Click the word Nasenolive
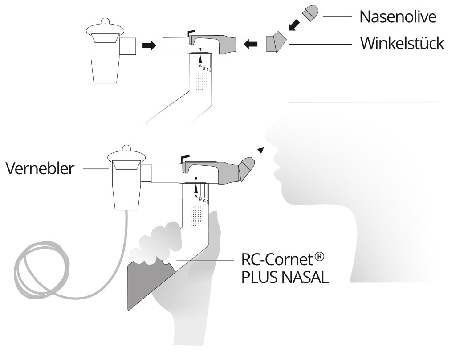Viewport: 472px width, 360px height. [x=398, y=17]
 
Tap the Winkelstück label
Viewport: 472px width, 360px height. [x=402, y=44]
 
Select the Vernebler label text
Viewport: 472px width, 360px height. [x=40, y=169]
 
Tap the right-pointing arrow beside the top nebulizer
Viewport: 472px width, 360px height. [x=149, y=45]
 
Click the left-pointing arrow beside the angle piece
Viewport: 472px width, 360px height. [x=251, y=44]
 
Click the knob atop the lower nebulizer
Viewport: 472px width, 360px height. [x=126, y=147]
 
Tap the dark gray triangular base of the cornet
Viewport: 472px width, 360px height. [x=142, y=285]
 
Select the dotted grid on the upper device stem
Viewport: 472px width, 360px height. [x=202, y=82]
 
